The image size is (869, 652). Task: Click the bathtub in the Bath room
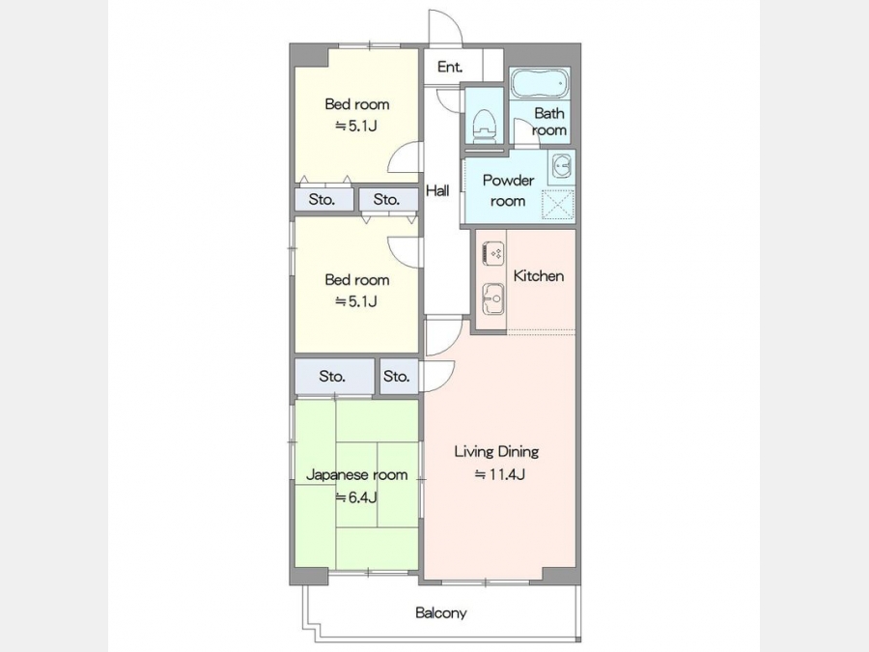click(540, 84)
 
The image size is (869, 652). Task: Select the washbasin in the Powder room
click(561, 167)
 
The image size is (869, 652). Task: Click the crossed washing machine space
click(557, 205)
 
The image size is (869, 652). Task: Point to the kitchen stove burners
click(493, 253)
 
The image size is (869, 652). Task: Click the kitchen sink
click(493, 298)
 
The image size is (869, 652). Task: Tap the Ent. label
click(450, 67)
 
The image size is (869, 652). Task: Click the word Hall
click(437, 191)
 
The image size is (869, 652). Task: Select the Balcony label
click(441, 613)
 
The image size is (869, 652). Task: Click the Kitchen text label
click(539, 275)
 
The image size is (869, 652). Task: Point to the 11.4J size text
click(499, 474)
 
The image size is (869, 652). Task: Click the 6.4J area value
click(357, 497)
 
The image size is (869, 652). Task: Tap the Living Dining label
click(496, 451)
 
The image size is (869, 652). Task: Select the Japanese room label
click(357, 474)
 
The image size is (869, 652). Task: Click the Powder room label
click(508, 190)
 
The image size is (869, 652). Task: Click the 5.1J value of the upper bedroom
click(356, 126)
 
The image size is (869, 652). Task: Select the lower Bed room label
click(357, 280)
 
